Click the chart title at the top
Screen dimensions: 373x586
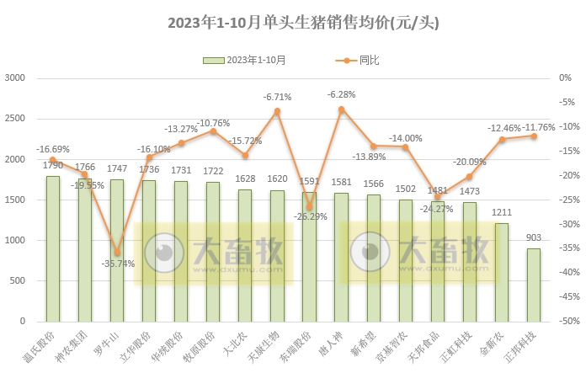click(292, 21)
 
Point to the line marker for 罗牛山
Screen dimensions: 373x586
click(117, 253)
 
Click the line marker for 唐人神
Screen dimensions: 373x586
click(341, 109)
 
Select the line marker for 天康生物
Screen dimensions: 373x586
click(277, 111)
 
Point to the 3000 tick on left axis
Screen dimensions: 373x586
click(16, 78)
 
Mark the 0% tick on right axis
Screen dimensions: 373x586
click(563, 78)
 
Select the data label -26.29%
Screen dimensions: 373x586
click(308, 216)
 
